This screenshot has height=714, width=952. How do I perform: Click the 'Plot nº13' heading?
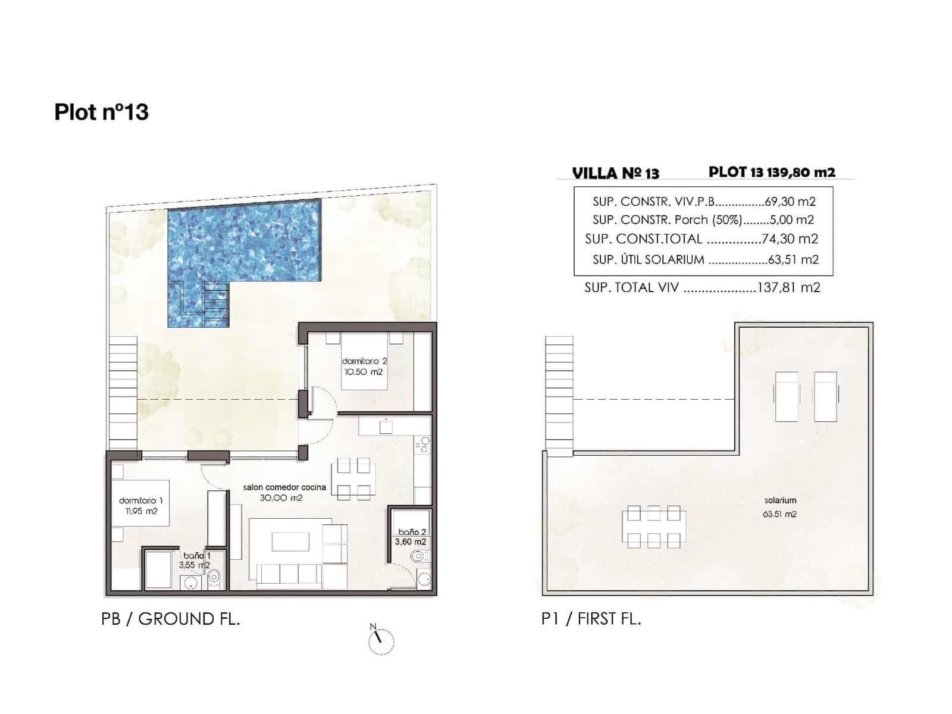101,112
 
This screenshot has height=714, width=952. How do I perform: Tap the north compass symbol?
381,641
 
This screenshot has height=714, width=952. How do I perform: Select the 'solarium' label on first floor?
780,500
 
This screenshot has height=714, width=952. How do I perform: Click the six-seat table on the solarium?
653,527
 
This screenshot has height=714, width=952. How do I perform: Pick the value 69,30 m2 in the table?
790,202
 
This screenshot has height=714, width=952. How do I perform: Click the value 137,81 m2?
788,288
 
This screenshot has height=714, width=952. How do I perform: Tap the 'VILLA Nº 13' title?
615,173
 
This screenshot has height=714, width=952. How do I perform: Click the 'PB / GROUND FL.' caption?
170,619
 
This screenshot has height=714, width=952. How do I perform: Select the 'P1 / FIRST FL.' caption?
591,619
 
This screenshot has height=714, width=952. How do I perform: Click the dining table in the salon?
354,479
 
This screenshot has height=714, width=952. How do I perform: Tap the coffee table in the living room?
290,541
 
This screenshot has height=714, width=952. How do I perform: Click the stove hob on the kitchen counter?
422,444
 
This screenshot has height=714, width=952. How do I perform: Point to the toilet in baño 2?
419,557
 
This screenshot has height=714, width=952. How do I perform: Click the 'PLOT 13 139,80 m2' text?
772,172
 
